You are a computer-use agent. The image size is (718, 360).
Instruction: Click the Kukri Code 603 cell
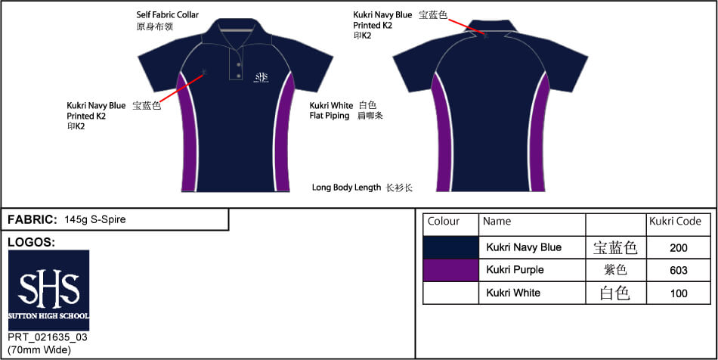[x=678, y=270]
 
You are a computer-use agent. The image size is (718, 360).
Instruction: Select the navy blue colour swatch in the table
[x=450, y=247]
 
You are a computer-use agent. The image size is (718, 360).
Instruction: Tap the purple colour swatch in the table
[x=450, y=270]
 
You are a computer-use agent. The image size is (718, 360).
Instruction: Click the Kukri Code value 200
[x=678, y=248]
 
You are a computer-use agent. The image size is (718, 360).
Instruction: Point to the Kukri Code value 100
[x=678, y=293]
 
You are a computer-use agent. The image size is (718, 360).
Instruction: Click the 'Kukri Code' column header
[x=675, y=222]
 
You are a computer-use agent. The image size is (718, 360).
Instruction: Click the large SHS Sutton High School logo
[x=48, y=290]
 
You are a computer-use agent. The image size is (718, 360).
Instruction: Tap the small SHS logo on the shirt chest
[x=261, y=77]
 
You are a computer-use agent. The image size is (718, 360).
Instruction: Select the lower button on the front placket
[x=238, y=75]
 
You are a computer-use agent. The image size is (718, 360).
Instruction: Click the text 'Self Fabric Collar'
[x=168, y=15]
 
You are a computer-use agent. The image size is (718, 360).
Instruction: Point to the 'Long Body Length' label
[x=346, y=188]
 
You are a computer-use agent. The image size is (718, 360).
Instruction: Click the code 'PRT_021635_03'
[x=48, y=337]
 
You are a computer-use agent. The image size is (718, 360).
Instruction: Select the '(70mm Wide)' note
[x=39, y=350]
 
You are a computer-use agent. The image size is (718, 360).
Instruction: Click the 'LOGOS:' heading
[x=32, y=243]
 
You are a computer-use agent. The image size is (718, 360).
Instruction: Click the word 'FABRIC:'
[x=32, y=219]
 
